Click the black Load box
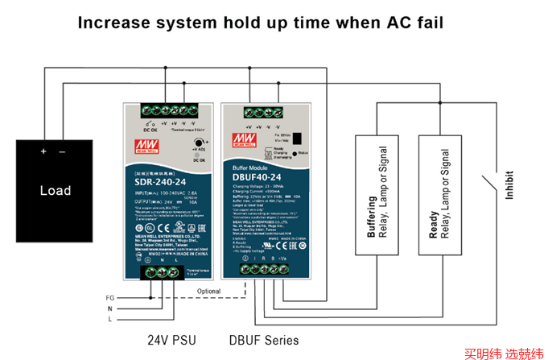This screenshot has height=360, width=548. [56, 180]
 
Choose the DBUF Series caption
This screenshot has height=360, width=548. [263, 340]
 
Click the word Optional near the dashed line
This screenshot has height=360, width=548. [208, 291]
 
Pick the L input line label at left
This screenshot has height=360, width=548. [110, 321]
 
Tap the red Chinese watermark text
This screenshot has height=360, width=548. [504, 352]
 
